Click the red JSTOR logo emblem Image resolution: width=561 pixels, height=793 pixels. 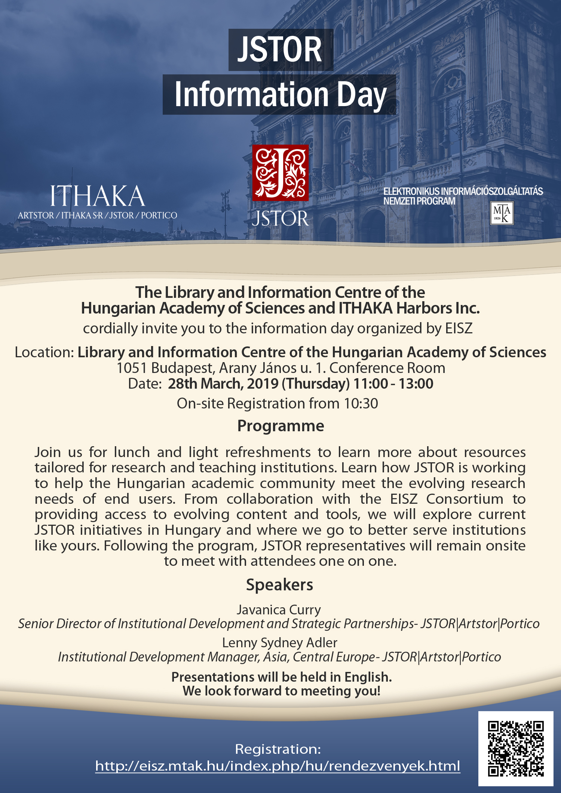point(280,173)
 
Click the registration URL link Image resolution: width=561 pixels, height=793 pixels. point(278,766)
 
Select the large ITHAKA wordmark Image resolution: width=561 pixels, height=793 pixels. point(98,196)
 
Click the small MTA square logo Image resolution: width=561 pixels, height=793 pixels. point(502,213)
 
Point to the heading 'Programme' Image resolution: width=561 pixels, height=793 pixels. point(280,426)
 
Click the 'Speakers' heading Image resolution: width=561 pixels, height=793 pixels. point(280,585)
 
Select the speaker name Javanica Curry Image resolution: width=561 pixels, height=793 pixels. point(279,610)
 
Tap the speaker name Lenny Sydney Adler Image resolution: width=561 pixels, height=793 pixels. point(280,643)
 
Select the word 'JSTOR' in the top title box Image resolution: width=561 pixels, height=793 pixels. point(280,50)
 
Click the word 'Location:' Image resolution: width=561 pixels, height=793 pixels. point(45,352)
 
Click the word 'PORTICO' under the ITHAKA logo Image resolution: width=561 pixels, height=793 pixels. point(159,216)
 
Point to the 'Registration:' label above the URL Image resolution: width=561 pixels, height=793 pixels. point(278,749)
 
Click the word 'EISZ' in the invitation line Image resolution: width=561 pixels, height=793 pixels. point(459,328)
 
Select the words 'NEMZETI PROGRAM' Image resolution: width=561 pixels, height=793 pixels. point(419,201)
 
